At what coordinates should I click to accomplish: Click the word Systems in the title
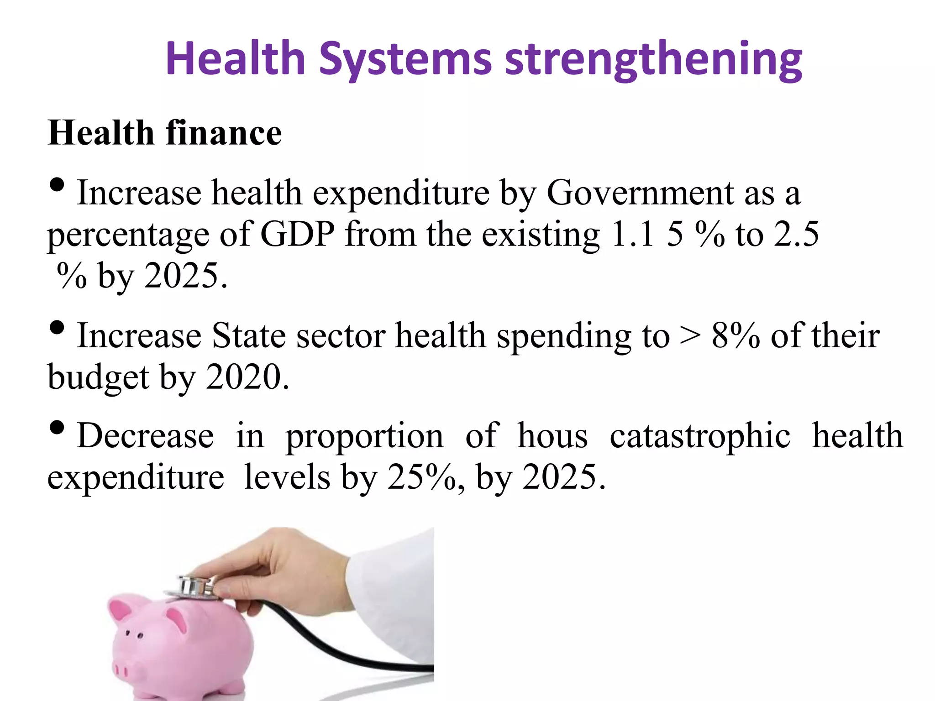tap(405, 59)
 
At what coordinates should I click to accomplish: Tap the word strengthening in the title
tap(653, 59)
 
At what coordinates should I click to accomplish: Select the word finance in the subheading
tap(224, 133)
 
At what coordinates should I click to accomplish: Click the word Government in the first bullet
tap(640, 193)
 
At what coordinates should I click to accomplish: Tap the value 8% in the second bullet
tap(735, 336)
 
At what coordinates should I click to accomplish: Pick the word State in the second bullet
tap(249, 336)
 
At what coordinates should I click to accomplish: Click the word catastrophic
tap(700, 436)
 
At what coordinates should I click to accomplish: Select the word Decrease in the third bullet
tap(145, 436)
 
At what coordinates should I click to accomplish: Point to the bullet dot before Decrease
tap(57, 428)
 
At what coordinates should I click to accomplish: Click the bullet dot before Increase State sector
tap(57, 328)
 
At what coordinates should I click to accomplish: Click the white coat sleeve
tap(393, 593)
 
